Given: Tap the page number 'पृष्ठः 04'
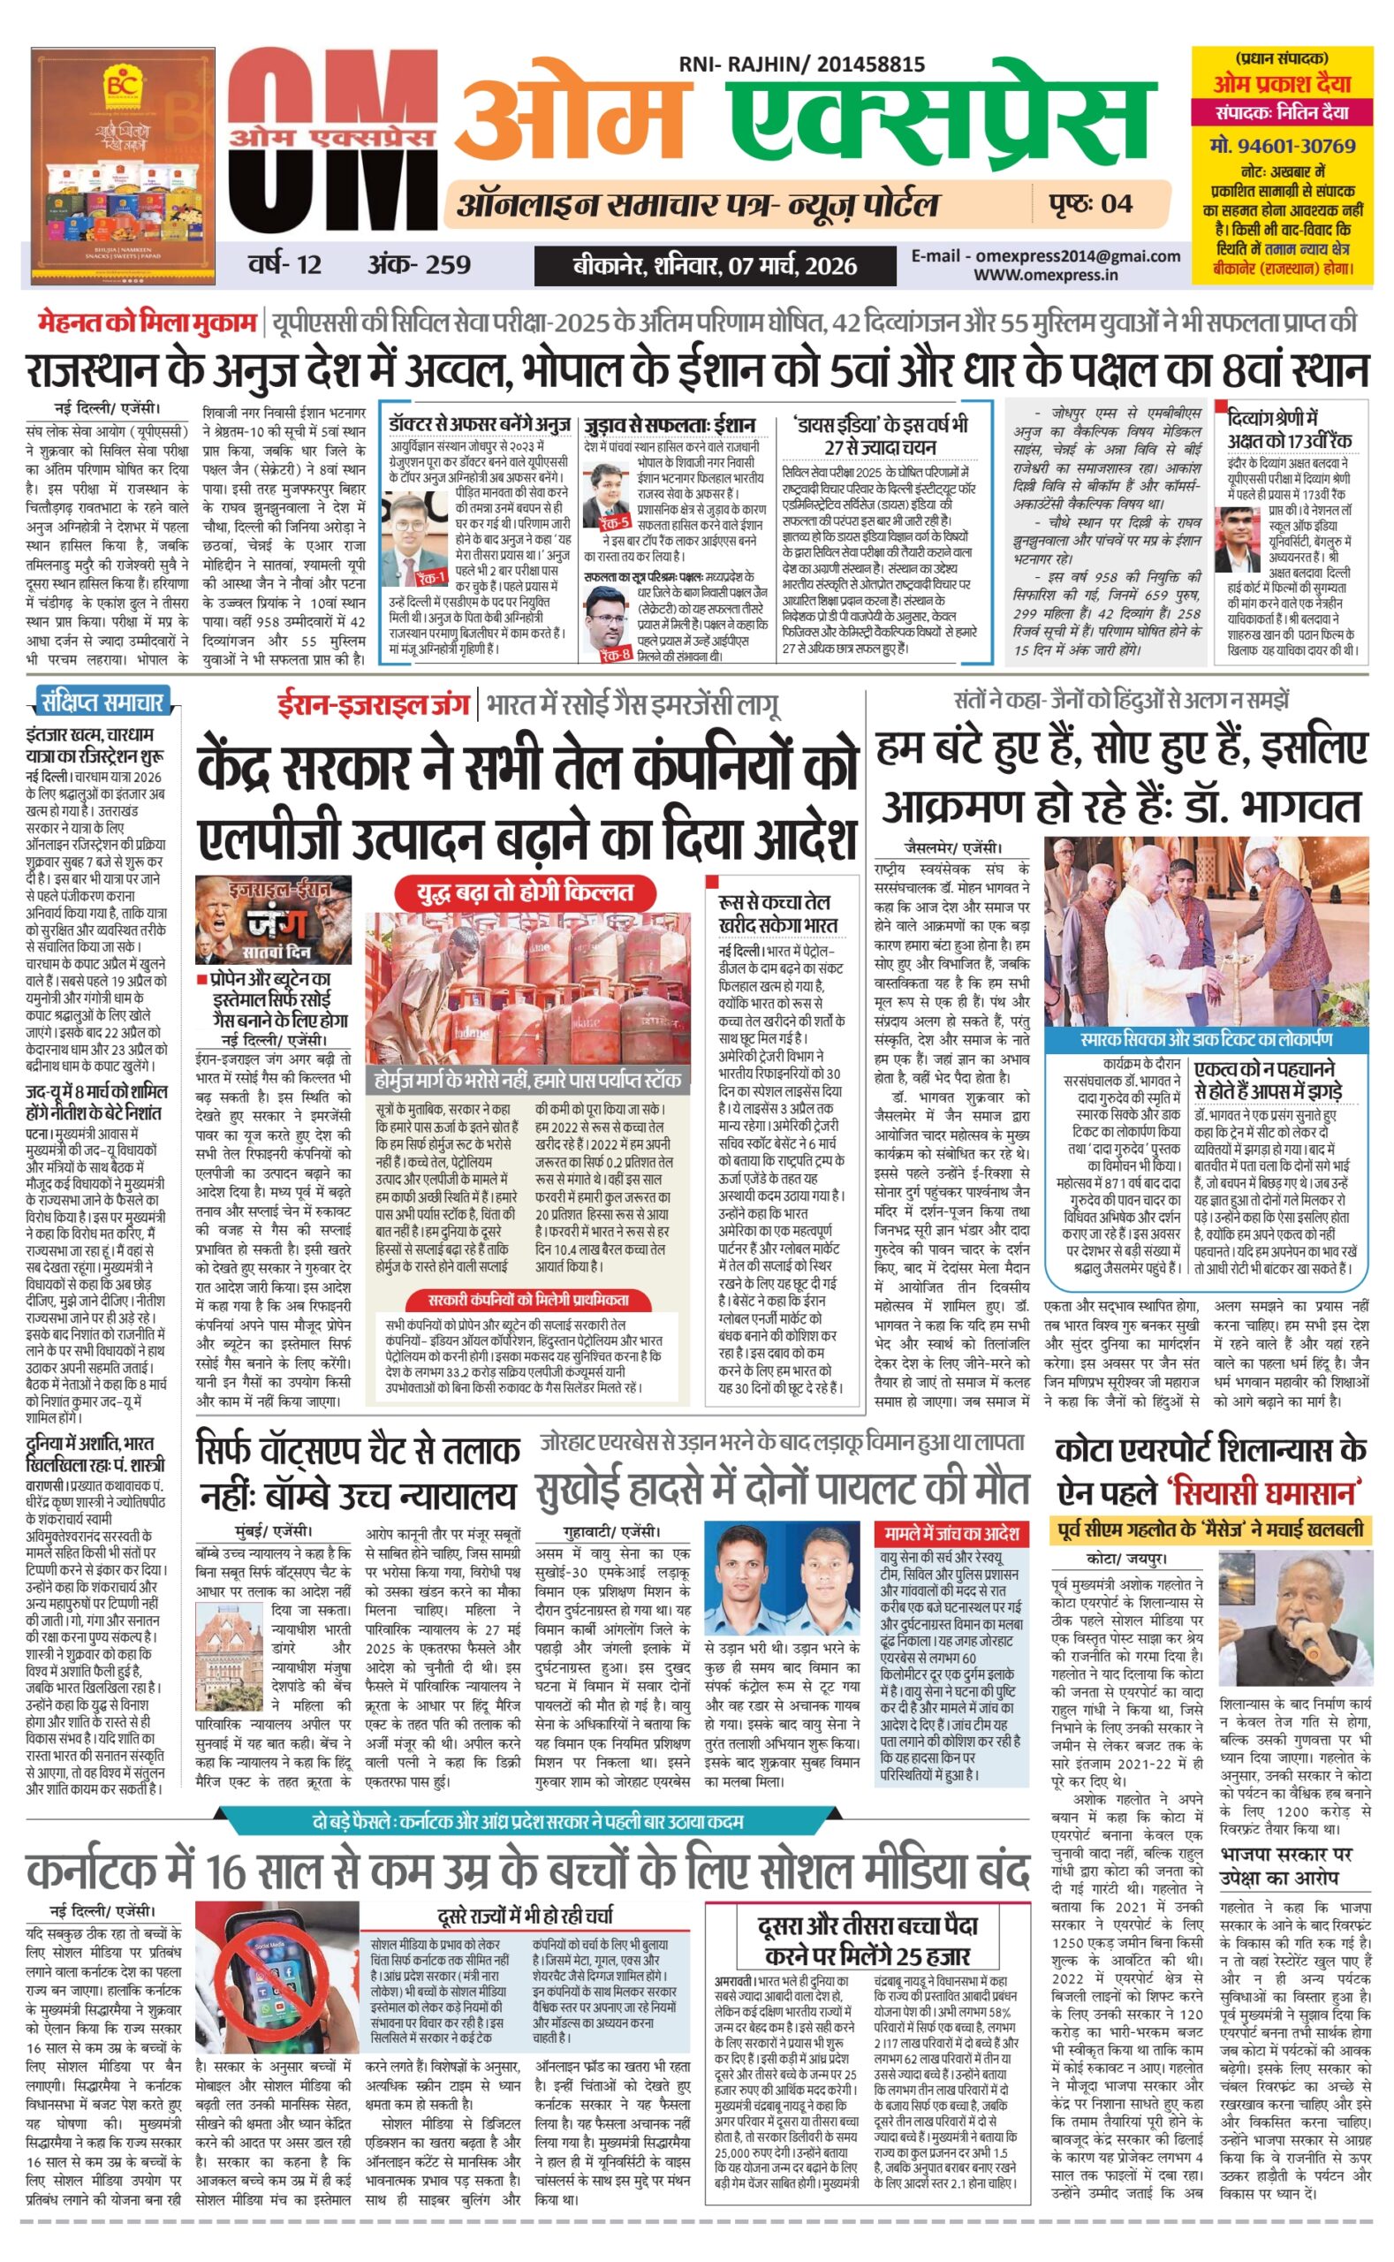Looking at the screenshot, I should coord(1091,204).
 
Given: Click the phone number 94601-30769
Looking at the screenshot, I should coord(1283,146).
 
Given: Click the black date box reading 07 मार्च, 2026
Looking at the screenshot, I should coord(715,267).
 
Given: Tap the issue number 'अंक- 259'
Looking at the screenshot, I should coord(419,265).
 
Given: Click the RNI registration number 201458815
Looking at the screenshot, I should coord(866,65).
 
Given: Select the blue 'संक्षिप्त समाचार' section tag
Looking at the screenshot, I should coord(102,702).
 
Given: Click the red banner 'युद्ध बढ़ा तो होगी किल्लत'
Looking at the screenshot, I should coord(525,892).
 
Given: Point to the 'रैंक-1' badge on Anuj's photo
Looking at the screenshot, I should coord(431,577).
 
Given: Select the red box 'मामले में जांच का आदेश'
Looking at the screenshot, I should coord(951,1532).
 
